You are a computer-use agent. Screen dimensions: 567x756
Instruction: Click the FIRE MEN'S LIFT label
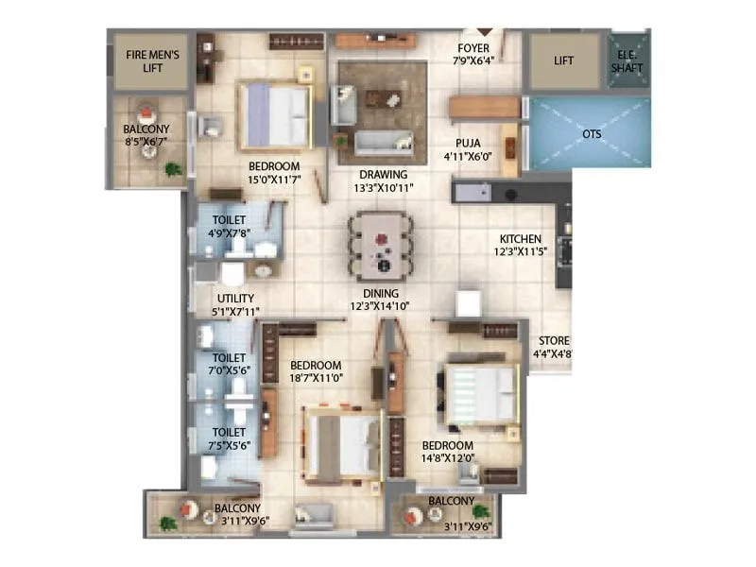[152, 61]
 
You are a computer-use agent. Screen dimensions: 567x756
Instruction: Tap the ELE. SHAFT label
[626, 60]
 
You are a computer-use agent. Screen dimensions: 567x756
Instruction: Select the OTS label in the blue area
[592, 134]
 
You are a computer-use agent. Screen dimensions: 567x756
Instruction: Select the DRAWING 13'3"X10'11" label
[383, 181]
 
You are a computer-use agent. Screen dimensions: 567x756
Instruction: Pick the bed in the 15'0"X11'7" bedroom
[275, 116]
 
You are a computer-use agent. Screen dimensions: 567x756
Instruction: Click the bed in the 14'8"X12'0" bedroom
[480, 392]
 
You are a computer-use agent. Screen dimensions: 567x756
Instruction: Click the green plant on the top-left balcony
[173, 169]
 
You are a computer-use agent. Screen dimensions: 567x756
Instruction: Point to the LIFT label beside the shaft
[564, 61]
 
